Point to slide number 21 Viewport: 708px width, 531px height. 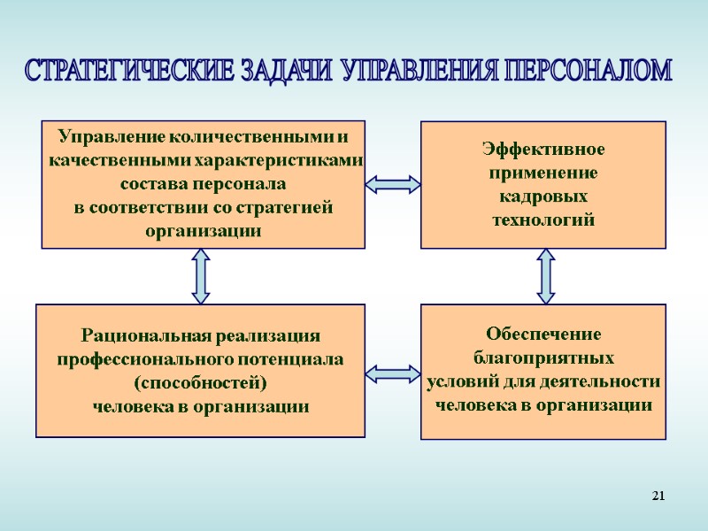tap(658, 495)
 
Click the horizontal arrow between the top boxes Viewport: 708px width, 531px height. tap(392, 184)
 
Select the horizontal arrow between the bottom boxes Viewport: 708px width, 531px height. tap(392, 373)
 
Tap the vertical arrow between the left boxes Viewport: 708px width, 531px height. tap(201, 276)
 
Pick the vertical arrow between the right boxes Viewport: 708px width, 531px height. tap(545, 276)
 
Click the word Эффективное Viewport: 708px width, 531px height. tap(543, 149)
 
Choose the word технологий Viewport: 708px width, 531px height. tap(543, 219)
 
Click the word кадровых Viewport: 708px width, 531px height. tap(543, 196)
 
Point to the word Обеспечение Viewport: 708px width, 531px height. tap(543, 335)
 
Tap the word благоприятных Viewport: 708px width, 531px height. tap(543, 358)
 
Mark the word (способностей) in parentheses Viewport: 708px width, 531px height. tap(200, 383)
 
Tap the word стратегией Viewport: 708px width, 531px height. tap(288, 208)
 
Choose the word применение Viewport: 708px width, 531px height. tap(543, 173)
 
